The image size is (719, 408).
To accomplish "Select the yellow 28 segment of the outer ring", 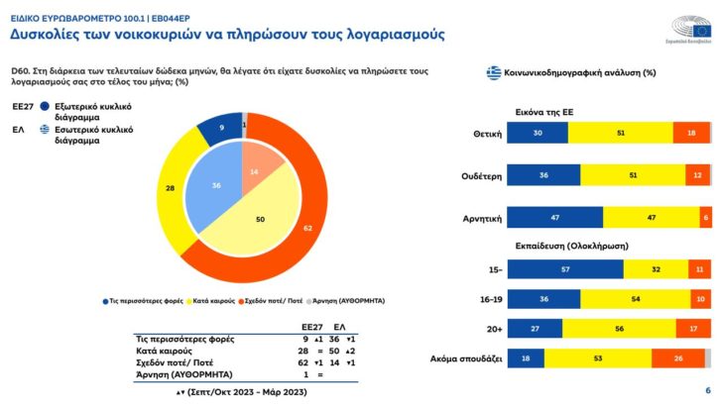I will tap(171, 188).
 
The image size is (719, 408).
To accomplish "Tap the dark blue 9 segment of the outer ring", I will tap(222, 128).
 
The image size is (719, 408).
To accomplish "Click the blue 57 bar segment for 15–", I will tap(565, 269).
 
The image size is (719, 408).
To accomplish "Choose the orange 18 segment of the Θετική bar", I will tap(691, 134).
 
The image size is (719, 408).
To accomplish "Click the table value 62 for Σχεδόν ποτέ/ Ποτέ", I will tap(311, 362).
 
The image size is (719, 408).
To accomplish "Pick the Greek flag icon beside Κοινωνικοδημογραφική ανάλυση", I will tap(492, 72).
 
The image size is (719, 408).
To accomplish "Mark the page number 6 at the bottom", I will tap(707, 390).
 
